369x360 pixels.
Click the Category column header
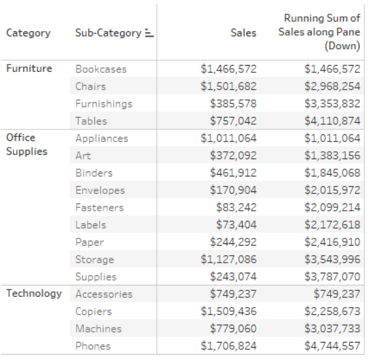coord(28,33)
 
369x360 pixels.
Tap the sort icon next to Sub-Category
coord(149,33)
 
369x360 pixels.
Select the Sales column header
coord(243,33)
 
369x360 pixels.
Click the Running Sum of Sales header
coord(319,33)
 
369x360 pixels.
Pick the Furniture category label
coord(29,68)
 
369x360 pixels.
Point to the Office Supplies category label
coord(27,144)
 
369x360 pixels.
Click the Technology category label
coord(34,294)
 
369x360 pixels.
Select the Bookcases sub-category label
coord(101,69)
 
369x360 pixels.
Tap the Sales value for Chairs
coord(228,86)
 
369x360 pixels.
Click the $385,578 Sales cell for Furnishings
coord(233,104)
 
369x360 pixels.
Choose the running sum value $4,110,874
coord(332,121)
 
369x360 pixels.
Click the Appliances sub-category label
coord(101,138)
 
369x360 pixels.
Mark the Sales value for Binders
coord(233,173)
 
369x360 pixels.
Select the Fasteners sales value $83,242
coord(236,208)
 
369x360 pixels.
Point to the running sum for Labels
coord(332,225)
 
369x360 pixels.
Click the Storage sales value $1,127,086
coord(228,259)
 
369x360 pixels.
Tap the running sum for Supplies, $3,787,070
coord(332,276)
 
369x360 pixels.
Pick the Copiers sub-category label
coord(93,311)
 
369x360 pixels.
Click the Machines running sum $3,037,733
coord(332,328)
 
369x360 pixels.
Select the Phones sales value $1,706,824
coord(228,346)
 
